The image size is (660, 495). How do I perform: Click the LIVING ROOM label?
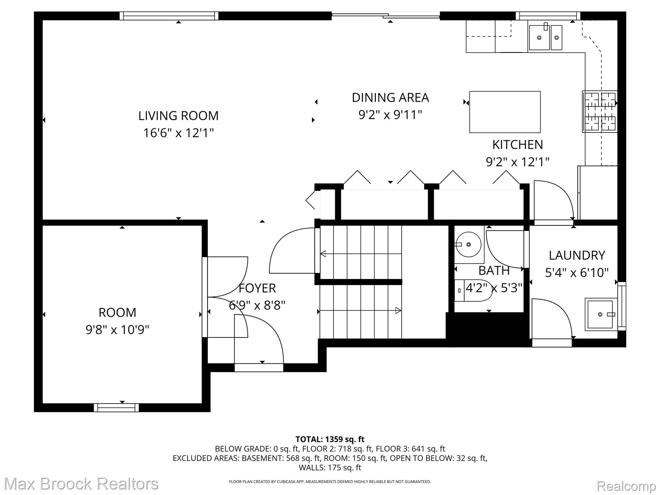click(178, 116)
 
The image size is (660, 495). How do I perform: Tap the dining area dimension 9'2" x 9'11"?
click(390, 115)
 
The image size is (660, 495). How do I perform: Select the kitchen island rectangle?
click(505, 112)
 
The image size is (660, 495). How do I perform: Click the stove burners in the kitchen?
click(599, 112)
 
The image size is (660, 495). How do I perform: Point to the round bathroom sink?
click(469, 245)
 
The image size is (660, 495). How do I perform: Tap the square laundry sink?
click(600, 314)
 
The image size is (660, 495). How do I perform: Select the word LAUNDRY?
click(577, 255)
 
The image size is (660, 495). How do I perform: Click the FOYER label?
click(257, 288)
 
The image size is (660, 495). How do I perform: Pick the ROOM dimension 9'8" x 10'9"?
click(117, 330)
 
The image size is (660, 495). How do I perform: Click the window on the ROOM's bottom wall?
click(116, 408)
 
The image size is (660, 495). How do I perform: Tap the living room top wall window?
click(169, 16)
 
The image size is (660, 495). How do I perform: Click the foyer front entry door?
click(259, 367)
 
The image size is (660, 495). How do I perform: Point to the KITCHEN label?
click(518, 145)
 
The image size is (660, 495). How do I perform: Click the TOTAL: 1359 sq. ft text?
click(330, 439)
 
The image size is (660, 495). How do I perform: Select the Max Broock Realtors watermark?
click(81, 484)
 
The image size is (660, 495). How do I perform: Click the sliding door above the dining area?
click(386, 15)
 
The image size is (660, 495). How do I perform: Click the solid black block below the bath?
click(488, 329)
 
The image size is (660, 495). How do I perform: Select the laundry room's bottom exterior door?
click(552, 343)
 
